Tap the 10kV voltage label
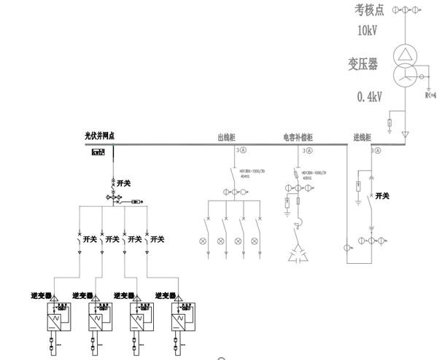[369, 31]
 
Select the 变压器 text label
[364, 65]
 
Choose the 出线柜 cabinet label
[228, 136]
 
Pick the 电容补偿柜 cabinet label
[298, 136]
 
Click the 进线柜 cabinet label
[362, 136]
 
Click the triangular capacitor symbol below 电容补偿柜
[298, 253]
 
